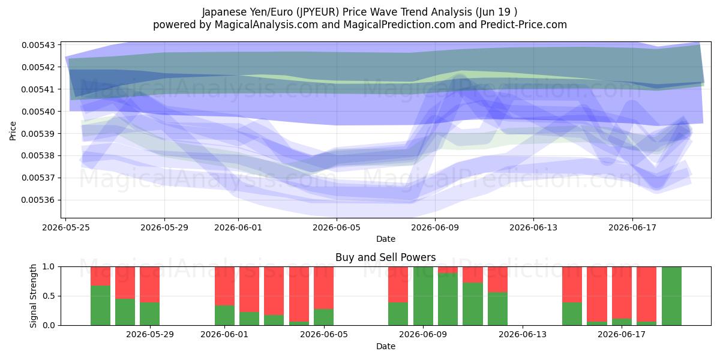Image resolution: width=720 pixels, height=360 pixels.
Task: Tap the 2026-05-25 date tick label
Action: click(x=66, y=227)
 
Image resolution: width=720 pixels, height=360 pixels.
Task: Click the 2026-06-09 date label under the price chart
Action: click(x=435, y=227)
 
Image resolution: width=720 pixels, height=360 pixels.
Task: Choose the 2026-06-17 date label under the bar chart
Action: click(x=622, y=335)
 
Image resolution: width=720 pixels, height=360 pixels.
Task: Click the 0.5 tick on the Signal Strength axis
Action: click(x=49, y=296)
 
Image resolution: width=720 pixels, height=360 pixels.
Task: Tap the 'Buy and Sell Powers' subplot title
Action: click(x=385, y=257)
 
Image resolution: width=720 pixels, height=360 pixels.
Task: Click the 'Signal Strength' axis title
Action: click(x=33, y=296)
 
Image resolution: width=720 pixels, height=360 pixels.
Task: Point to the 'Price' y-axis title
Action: click(x=13, y=131)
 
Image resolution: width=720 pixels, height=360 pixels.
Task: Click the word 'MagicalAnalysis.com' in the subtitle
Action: click(x=266, y=25)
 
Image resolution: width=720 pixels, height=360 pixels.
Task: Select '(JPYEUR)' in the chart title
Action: click(x=317, y=12)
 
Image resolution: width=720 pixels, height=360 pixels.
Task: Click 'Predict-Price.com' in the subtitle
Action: click(x=524, y=25)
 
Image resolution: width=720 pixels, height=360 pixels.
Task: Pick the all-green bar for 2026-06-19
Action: click(x=671, y=296)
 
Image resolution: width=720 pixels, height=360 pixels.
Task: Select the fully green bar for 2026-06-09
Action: click(x=423, y=296)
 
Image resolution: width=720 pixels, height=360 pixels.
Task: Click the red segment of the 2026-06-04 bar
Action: click(x=299, y=294)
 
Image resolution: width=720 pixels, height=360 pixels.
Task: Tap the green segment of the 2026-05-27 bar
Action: click(x=125, y=312)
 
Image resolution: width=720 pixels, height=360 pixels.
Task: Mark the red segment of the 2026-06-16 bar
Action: click(x=597, y=294)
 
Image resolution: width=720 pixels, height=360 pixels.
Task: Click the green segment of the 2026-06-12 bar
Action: click(x=497, y=309)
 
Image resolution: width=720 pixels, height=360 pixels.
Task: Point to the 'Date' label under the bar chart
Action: click(x=385, y=347)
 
